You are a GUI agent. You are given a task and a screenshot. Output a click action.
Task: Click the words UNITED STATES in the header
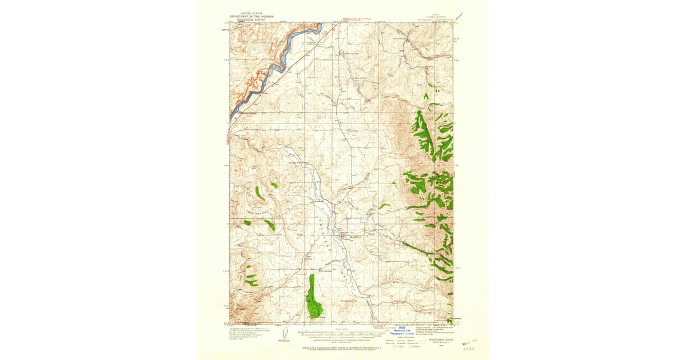[252, 12]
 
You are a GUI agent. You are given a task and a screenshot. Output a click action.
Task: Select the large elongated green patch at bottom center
[313, 297]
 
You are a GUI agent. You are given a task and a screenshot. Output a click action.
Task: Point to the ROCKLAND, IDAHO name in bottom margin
[435, 339]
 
